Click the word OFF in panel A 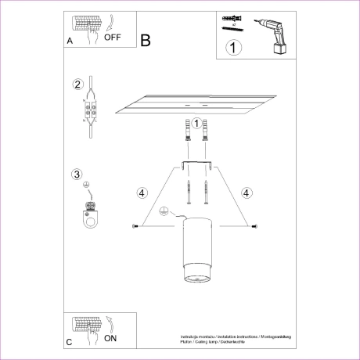point(112,35)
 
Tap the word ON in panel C point(110,340)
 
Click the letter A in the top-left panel point(70,39)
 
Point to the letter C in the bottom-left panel point(70,343)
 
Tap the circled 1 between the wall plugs point(196,123)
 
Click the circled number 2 point(77,85)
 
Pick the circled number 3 point(77,174)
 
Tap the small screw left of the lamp point(136,226)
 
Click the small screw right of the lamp point(254,226)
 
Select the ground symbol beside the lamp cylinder point(164,211)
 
